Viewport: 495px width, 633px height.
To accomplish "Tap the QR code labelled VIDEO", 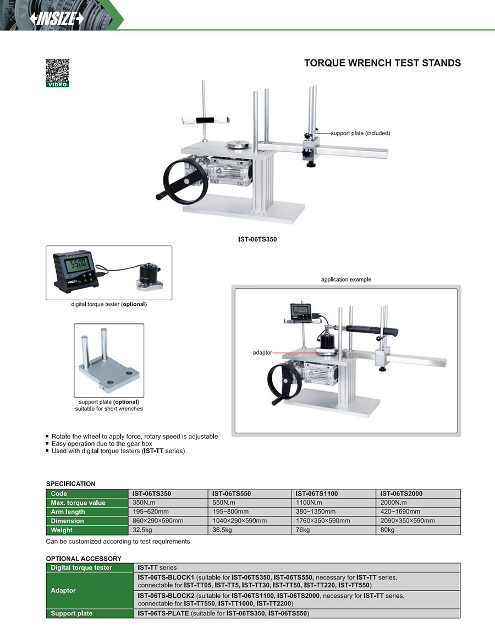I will tap(57, 70).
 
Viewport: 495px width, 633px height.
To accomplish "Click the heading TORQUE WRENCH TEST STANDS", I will tap(382, 63).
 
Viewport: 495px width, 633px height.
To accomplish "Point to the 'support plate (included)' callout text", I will tap(360, 133).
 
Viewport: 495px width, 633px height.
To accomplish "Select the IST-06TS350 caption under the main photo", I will tap(257, 240).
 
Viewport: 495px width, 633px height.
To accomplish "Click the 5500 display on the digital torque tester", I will tap(78, 264).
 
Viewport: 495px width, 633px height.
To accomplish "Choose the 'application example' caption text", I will tap(346, 279).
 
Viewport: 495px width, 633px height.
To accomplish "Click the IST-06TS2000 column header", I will tap(402, 494).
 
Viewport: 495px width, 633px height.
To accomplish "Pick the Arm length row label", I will tap(68, 512).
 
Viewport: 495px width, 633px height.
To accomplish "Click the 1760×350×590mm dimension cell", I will tap(322, 521).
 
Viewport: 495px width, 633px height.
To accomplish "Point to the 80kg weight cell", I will tap(388, 530).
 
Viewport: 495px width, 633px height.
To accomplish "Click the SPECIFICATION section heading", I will tap(70, 484).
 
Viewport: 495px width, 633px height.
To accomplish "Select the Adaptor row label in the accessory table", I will tap(63, 590).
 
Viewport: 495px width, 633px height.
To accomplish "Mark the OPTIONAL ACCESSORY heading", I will tap(84, 558).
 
